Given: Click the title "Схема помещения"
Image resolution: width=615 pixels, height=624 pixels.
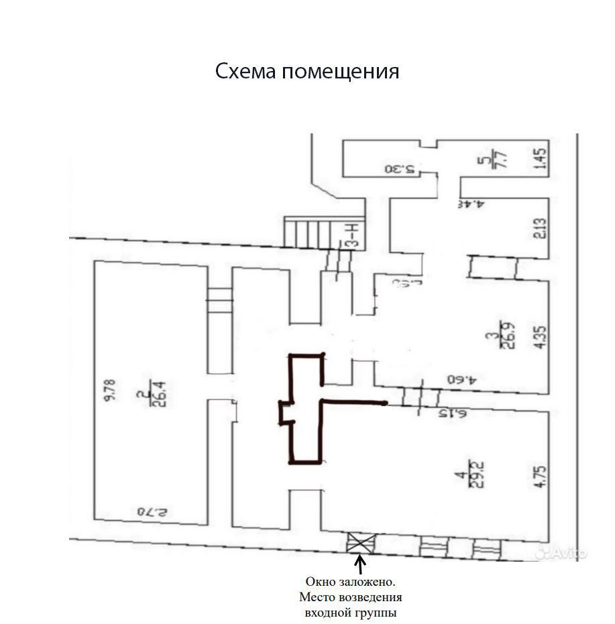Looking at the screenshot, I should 307,71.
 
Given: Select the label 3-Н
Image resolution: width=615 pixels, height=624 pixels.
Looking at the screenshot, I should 349,235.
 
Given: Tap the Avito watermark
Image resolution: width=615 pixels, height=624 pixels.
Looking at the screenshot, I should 562,552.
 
